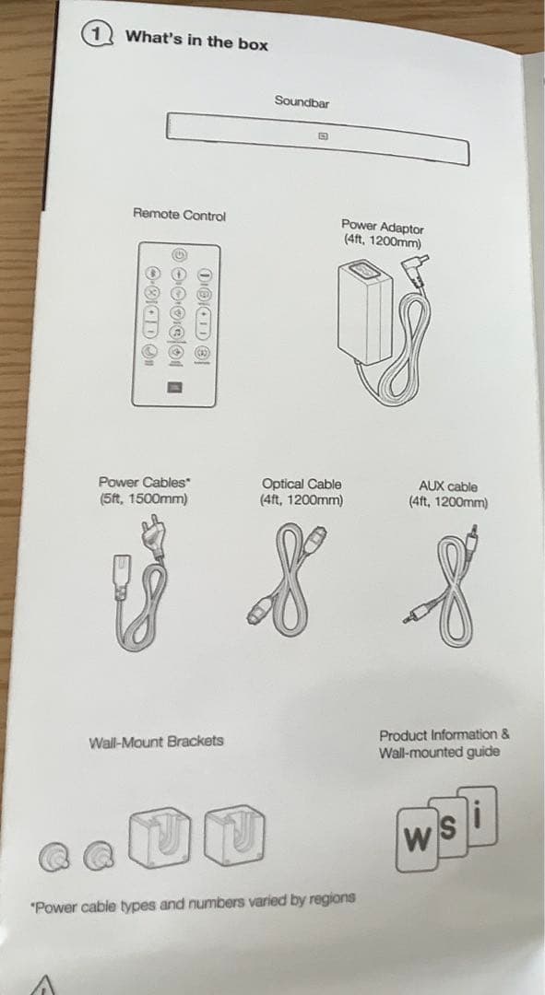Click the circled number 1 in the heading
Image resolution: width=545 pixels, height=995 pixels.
coord(95,34)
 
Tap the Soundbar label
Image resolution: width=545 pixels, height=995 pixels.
coord(302,101)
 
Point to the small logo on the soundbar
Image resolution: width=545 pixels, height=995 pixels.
coord(324,135)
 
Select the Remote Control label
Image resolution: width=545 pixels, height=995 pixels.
coord(179,215)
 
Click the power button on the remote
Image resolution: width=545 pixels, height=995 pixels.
coord(180,255)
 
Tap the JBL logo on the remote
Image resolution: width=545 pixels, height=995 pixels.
coord(174,386)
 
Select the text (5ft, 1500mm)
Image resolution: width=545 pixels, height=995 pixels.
coord(143,498)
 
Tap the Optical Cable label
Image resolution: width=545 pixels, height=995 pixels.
coord(302,485)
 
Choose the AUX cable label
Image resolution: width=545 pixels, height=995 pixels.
coord(448,486)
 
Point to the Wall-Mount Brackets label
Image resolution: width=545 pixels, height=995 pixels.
coord(156,741)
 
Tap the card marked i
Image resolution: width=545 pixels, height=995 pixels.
coord(478,816)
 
